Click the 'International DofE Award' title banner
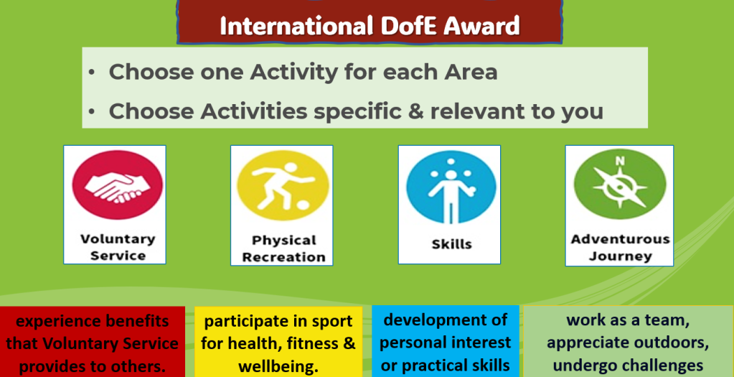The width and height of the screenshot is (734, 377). tap(370, 22)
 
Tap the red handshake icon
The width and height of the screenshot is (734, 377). tap(117, 185)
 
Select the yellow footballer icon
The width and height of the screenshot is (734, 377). tap(282, 185)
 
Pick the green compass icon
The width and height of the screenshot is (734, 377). tap(620, 185)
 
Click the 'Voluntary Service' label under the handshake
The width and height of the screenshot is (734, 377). tap(118, 247)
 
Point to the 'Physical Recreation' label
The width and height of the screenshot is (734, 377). tap(283, 248)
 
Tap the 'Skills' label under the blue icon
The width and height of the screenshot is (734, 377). tap(451, 244)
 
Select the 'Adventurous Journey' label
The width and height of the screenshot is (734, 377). tap(620, 247)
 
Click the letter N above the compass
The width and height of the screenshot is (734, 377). tap(620, 161)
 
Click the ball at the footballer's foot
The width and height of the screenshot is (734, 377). tap(303, 206)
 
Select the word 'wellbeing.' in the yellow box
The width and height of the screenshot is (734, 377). tap(278, 366)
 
